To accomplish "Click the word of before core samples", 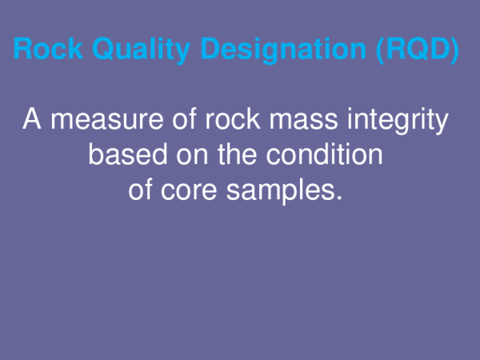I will point(142,191).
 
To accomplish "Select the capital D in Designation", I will point(210,50).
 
